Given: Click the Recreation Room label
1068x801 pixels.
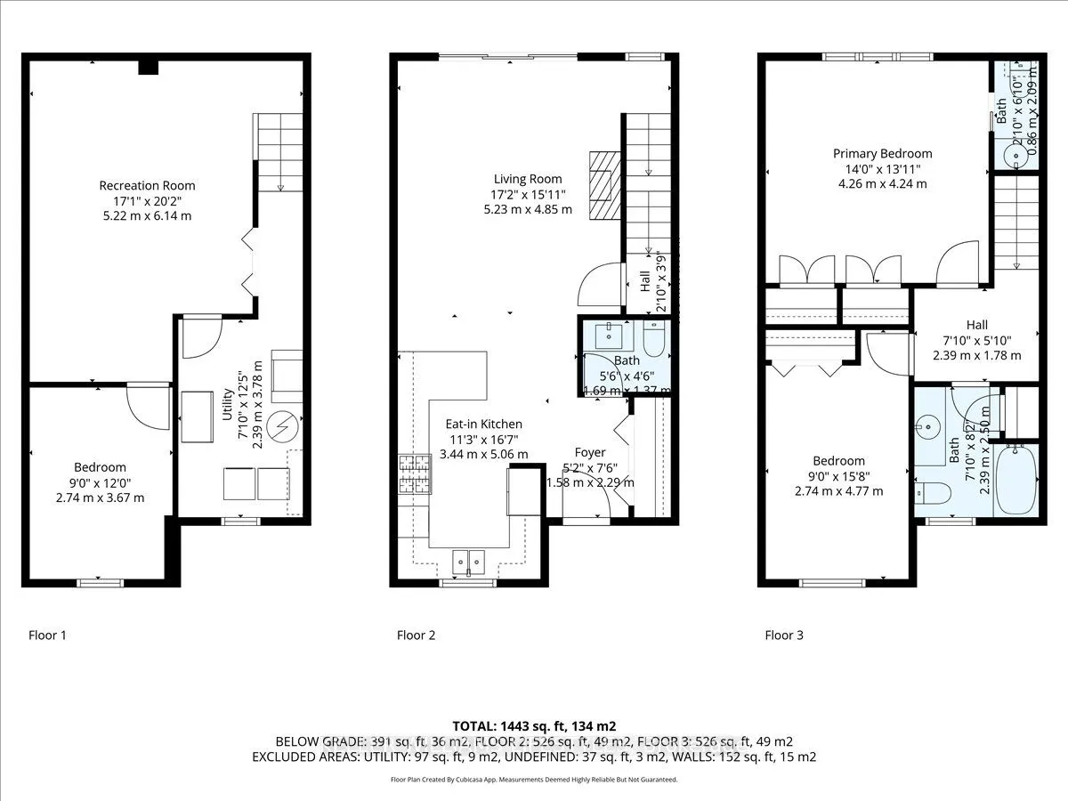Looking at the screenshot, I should [x=147, y=185].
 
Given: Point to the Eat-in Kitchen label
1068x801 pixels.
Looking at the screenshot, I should [x=483, y=425].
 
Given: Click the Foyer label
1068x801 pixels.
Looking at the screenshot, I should [x=589, y=453].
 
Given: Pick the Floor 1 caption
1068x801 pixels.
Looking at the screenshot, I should [x=47, y=635].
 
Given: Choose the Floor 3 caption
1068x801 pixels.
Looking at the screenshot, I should [x=784, y=635].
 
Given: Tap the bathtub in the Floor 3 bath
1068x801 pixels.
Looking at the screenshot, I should [x=1015, y=480].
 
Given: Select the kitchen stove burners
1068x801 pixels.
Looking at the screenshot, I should [x=417, y=474].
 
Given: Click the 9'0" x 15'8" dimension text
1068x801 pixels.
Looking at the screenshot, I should [x=838, y=476].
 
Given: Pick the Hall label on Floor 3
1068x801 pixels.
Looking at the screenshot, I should [x=976, y=326].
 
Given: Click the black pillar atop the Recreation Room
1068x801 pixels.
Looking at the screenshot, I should [x=148, y=68].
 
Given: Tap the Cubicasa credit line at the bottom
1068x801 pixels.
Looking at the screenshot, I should [x=534, y=780].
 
